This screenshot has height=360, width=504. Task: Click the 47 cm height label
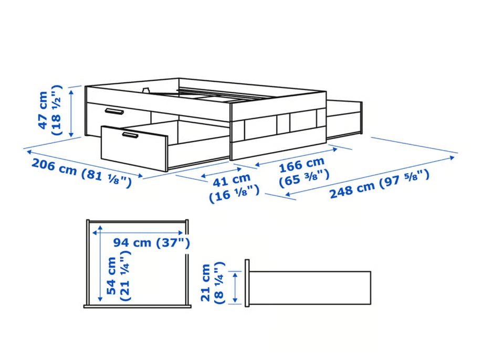[x=43, y=110]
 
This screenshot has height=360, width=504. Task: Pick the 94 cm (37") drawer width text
[x=151, y=242]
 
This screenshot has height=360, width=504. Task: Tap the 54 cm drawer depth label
[x=111, y=276]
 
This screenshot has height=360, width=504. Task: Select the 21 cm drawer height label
[x=205, y=283]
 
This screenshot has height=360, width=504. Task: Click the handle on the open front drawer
[x=130, y=135]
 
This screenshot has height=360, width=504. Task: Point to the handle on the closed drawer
[x=114, y=111]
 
